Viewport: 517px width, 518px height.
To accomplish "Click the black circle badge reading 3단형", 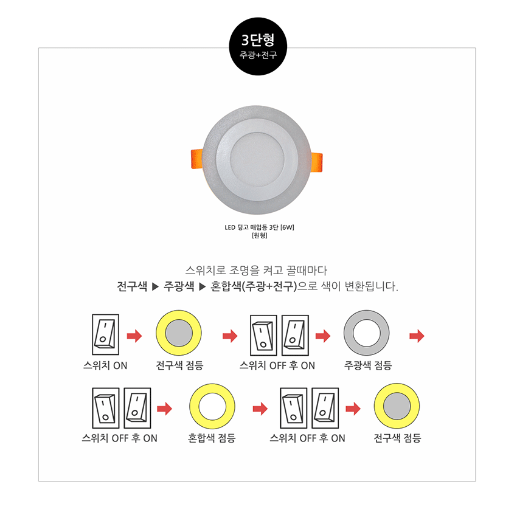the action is coord(258,46).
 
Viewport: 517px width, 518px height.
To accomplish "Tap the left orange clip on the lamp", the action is coord(197,159).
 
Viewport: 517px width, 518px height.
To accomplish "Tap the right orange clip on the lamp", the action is coord(317,162).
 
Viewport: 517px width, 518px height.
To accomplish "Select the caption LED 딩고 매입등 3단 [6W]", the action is coord(259,227).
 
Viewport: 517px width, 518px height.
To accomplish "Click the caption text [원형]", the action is coord(259,235).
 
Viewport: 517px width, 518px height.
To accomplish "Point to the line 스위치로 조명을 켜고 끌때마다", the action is coord(256,270).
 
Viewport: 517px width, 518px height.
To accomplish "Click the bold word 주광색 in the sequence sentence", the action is coord(179,286).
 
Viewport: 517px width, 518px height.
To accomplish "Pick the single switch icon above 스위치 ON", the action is coord(105,334).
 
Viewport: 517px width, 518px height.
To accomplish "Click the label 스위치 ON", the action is coord(105,365).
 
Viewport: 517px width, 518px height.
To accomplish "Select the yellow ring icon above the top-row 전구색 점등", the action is coord(179,333).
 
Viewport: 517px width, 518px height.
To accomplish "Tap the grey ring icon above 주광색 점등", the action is coord(367,333).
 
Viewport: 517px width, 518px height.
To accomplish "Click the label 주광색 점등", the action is coord(368,365).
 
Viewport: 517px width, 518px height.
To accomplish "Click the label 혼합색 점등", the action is coord(212,438).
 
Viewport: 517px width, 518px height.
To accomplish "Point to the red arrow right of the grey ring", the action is coord(417,336).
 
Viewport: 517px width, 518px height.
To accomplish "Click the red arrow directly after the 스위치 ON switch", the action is coord(134,336).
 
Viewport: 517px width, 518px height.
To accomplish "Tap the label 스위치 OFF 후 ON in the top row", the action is coord(277,365).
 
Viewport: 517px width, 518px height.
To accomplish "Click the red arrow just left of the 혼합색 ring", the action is coord(165,409).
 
